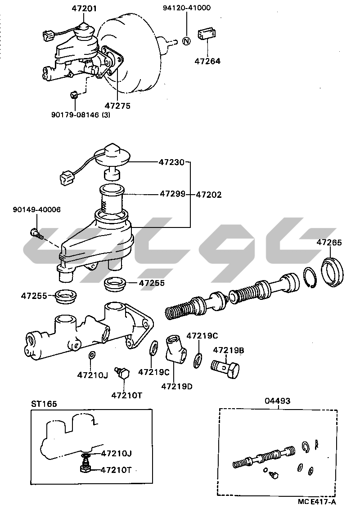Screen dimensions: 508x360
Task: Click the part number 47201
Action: coord(84,8)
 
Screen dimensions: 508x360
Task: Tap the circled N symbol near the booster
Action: coord(187,41)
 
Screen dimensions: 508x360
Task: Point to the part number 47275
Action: coord(117,106)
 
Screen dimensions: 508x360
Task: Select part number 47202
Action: coord(209,195)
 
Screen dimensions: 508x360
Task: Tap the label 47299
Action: coord(172,195)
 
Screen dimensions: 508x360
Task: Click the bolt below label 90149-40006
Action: coord(36,233)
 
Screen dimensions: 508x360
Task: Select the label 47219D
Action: coord(177,386)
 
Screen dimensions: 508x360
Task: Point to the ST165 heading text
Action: coord(44,404)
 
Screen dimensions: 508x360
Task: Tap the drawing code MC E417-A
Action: coord(317,501)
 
